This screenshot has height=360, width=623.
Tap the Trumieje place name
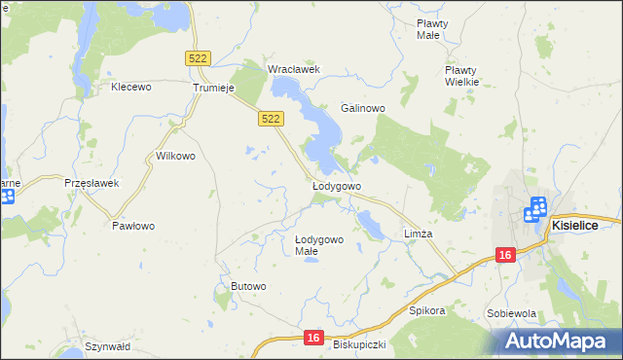click(x=215, y=87)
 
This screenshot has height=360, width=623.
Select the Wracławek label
click(x=294, y=69)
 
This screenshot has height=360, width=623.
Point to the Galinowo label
click(x=363, y=108)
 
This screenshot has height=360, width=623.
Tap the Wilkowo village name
click(x=176, y=156)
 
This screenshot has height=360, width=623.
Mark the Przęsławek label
click(x=91, y=182)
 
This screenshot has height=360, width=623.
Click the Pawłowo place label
click(x=133, y=226)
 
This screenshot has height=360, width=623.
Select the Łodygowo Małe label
click(x=318, y=245)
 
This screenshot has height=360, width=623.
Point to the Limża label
click(x=418, y=234)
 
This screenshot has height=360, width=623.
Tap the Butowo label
click(x=248, y=285)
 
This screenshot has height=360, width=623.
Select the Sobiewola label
click(x=512, y=313)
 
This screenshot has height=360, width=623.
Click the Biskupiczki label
click(x=360, y=344)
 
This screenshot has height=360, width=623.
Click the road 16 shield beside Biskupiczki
click(x=311, y=337)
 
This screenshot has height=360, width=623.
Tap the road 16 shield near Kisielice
click(x=503, y=255)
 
